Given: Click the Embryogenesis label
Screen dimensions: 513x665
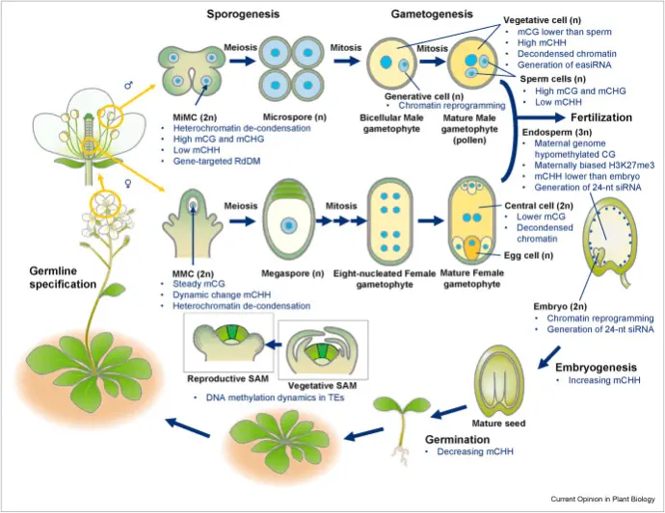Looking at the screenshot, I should coord(600,367).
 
